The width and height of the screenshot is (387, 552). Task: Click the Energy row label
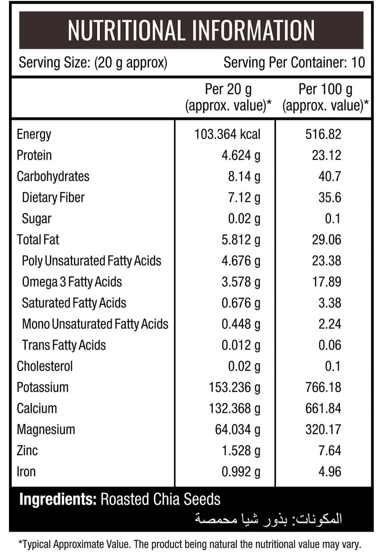pyautogui.click(x=34, y=134)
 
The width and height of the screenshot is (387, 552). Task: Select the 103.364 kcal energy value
pyautogui.click(x=227, y=134)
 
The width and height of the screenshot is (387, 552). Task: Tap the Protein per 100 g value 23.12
pyautogui.click(x=327, y=155)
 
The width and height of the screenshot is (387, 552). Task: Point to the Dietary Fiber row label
pyautogui.click(x=53, y=198)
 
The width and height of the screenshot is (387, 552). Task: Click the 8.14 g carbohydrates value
pyautogui.click(x=244, y=177)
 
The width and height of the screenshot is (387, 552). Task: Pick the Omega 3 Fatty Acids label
pyautogui.click(x=72, y=282)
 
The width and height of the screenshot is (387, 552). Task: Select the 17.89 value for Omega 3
pyautogui.click(x=327, y=282)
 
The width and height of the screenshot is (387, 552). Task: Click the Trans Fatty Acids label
pyautogui.click(x=64, y=345)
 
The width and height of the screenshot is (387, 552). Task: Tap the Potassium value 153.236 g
pyautogui.click(x=234, y=388)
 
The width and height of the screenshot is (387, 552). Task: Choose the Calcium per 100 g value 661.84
pyautogui.click(x=323, y=409)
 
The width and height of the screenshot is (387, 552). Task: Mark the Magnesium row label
pyautogui.click(x=46, y=430)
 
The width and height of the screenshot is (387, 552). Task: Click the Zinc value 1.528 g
pyautogui.click(x=241, y=451)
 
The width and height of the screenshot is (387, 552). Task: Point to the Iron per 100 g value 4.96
pyautogui.click(x=329, y=472)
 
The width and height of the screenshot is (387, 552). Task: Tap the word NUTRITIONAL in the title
pyautogui.click(x=126, y=30)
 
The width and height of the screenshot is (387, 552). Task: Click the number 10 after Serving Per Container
pyautogui.click(x=358, y=63)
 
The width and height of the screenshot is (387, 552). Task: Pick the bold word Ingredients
pyautogui.click(x=58, y=500)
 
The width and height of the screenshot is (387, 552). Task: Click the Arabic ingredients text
pyautogui.click(x=268, y=519)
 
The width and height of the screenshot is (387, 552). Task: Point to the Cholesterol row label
pyautogui.click(x=45, y=367)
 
